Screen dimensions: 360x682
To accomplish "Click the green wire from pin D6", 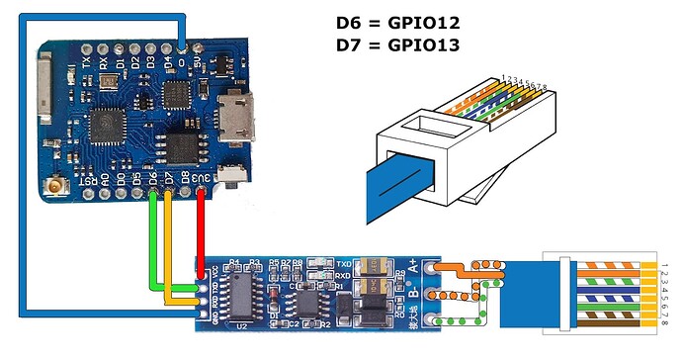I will point(153,237).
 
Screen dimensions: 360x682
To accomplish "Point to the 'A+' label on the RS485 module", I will point(412,266).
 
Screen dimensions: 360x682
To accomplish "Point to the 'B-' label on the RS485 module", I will point(412,293).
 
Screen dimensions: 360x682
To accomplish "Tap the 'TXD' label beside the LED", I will point(344,264).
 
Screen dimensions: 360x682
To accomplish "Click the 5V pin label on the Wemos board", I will point(201,59).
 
